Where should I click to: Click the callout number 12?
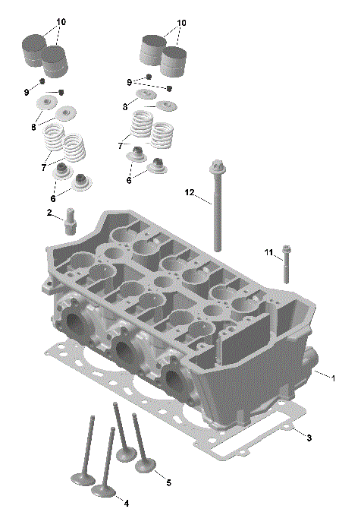[190, 193]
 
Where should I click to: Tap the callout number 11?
[268, 251]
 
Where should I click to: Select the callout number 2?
[49, 213]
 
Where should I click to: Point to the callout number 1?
[333, 377]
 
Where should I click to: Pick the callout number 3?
[309, 438]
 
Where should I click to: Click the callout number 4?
[127, 503]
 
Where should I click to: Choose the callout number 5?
[168, 482]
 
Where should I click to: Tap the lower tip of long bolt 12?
[218, 248]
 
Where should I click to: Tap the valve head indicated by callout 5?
[146, 463]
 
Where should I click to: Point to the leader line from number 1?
[320, 373]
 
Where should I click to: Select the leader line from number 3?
[297, 434]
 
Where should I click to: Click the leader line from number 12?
[203, 200]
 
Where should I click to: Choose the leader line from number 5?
[159, 475]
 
